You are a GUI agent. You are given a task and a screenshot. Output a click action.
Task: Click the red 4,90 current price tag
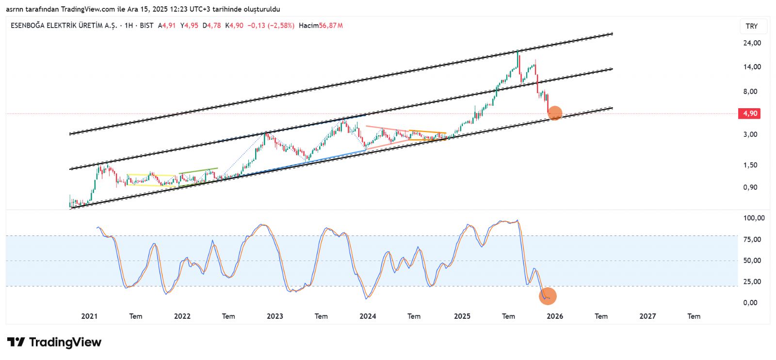click(749, 114)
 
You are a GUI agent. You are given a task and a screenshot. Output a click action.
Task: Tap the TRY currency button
click(752, 26)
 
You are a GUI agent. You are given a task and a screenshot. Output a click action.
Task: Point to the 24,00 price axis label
click(752, 43)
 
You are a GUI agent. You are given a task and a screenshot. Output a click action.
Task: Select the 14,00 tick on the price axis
click(752, 67)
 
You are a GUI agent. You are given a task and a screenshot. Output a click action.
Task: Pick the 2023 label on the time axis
click(275, 316)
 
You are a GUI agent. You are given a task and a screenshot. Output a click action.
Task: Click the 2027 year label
click(647, 316)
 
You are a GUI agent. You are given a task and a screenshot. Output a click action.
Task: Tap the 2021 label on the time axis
click(89, 316)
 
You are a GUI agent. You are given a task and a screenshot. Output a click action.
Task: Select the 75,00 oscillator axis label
click(752, 239)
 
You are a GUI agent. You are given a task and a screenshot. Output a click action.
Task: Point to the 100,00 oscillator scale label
click(754, 218)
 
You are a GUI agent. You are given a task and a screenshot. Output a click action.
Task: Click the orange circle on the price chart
click(555, 113)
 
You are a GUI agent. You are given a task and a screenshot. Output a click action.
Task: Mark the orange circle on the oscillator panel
click(548, 296)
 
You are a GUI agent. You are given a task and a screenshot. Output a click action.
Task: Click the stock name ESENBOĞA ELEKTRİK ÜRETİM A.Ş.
click(64, 26)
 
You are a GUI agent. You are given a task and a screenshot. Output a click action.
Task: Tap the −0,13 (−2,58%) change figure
click(271, 26)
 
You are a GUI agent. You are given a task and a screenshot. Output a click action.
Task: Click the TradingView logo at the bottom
click(54, 342)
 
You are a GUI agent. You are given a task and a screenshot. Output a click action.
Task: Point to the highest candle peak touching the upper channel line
click(517, 51)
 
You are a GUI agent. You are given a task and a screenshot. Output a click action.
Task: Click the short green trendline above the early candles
click(198, 171)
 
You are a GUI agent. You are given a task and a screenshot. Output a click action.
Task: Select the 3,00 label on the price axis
click(750, 134)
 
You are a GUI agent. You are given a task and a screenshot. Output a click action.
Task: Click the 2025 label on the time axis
click(462, 316)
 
